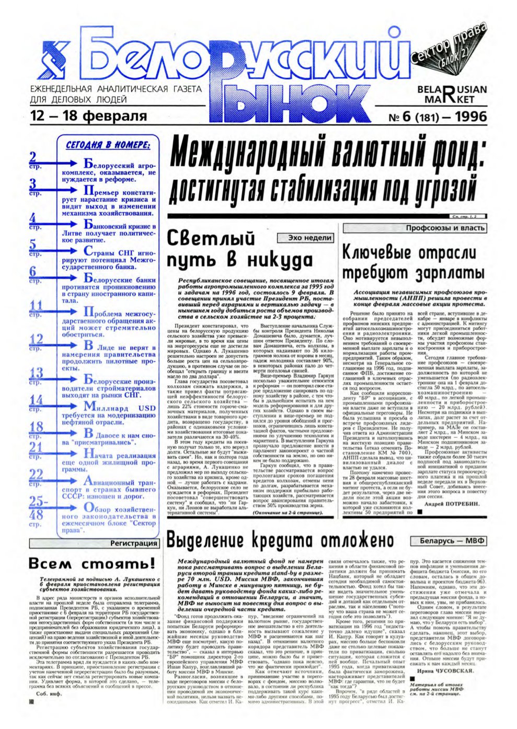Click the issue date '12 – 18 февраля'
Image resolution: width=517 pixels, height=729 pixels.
(x=88, y=115)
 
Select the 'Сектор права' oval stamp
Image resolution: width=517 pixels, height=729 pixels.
(x=449, y=48)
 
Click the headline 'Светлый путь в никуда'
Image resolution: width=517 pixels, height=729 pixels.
(x=240, y=250)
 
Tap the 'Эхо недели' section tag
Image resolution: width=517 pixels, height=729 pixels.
(x=310, y=238)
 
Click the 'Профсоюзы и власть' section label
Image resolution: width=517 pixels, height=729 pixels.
(x=445, y=228)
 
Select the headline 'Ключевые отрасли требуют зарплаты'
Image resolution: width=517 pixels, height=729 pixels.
(x=413, y=263)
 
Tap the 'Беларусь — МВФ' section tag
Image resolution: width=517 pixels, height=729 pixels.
(x=452, y=541)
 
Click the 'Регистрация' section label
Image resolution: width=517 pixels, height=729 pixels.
(x=133, y=543)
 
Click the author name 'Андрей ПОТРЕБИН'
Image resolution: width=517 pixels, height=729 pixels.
(x=452, y=503)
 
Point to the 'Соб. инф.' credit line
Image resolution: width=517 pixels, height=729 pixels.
(x=49, y=694)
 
